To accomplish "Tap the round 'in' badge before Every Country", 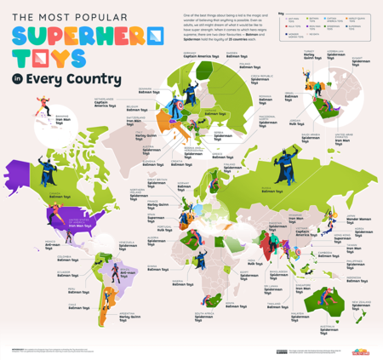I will click(16, 82).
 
